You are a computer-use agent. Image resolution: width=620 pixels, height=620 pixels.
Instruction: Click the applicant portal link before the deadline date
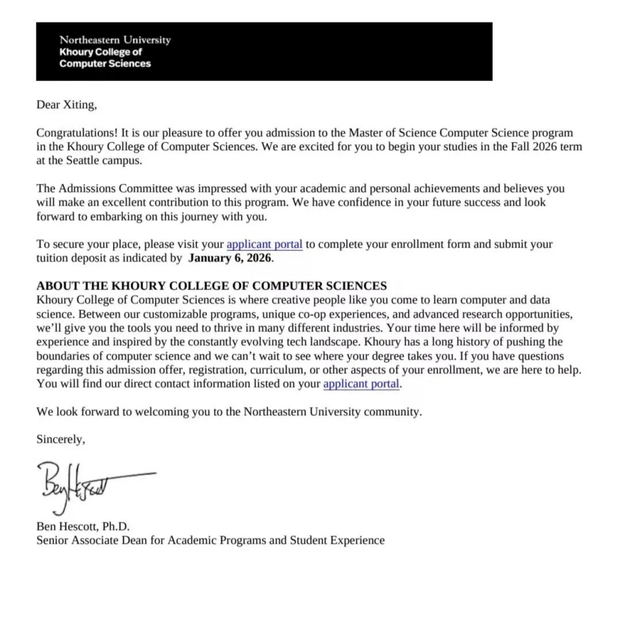[x=264, y=245]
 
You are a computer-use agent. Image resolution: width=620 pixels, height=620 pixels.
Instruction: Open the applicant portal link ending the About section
[x=362, y=384]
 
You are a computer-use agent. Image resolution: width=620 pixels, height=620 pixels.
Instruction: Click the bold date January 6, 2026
[x=231, y=258]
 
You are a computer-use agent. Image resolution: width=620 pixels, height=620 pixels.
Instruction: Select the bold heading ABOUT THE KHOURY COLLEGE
[x=211, y=286]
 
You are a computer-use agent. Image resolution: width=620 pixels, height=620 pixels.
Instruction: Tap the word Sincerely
[x=61, y=440]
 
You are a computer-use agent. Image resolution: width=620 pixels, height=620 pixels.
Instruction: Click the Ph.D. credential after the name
[x=124, y=526]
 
